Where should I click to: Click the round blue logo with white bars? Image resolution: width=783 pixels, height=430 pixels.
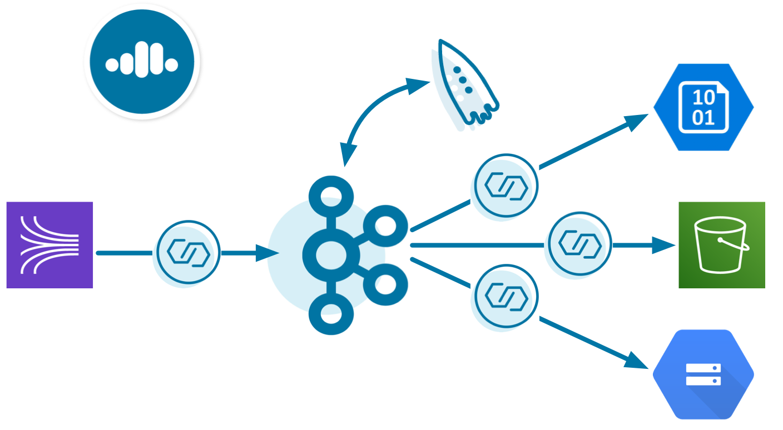tap(142, 61)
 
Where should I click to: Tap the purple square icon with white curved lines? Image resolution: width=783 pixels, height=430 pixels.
tap(49, 245)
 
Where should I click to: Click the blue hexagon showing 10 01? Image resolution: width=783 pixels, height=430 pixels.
tap(703, 107)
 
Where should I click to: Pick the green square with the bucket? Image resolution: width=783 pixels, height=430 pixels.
tap(722, 245)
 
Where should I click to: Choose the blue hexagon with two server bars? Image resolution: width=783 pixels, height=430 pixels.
tap(703, 374)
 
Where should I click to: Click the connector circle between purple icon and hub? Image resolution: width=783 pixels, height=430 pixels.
tap(188, 253)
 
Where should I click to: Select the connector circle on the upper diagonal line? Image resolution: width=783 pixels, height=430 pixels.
tap(506, 184)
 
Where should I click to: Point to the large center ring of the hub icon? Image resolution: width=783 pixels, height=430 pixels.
tap(331, 255)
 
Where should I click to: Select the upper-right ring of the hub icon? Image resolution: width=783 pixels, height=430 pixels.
tap(385, 225)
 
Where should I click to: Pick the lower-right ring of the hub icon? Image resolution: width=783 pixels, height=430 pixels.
tap(385, 284)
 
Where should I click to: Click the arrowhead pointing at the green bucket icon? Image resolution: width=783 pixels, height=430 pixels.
tap(665, 244)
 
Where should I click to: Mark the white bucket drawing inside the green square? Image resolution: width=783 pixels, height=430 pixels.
tap(721, 246)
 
